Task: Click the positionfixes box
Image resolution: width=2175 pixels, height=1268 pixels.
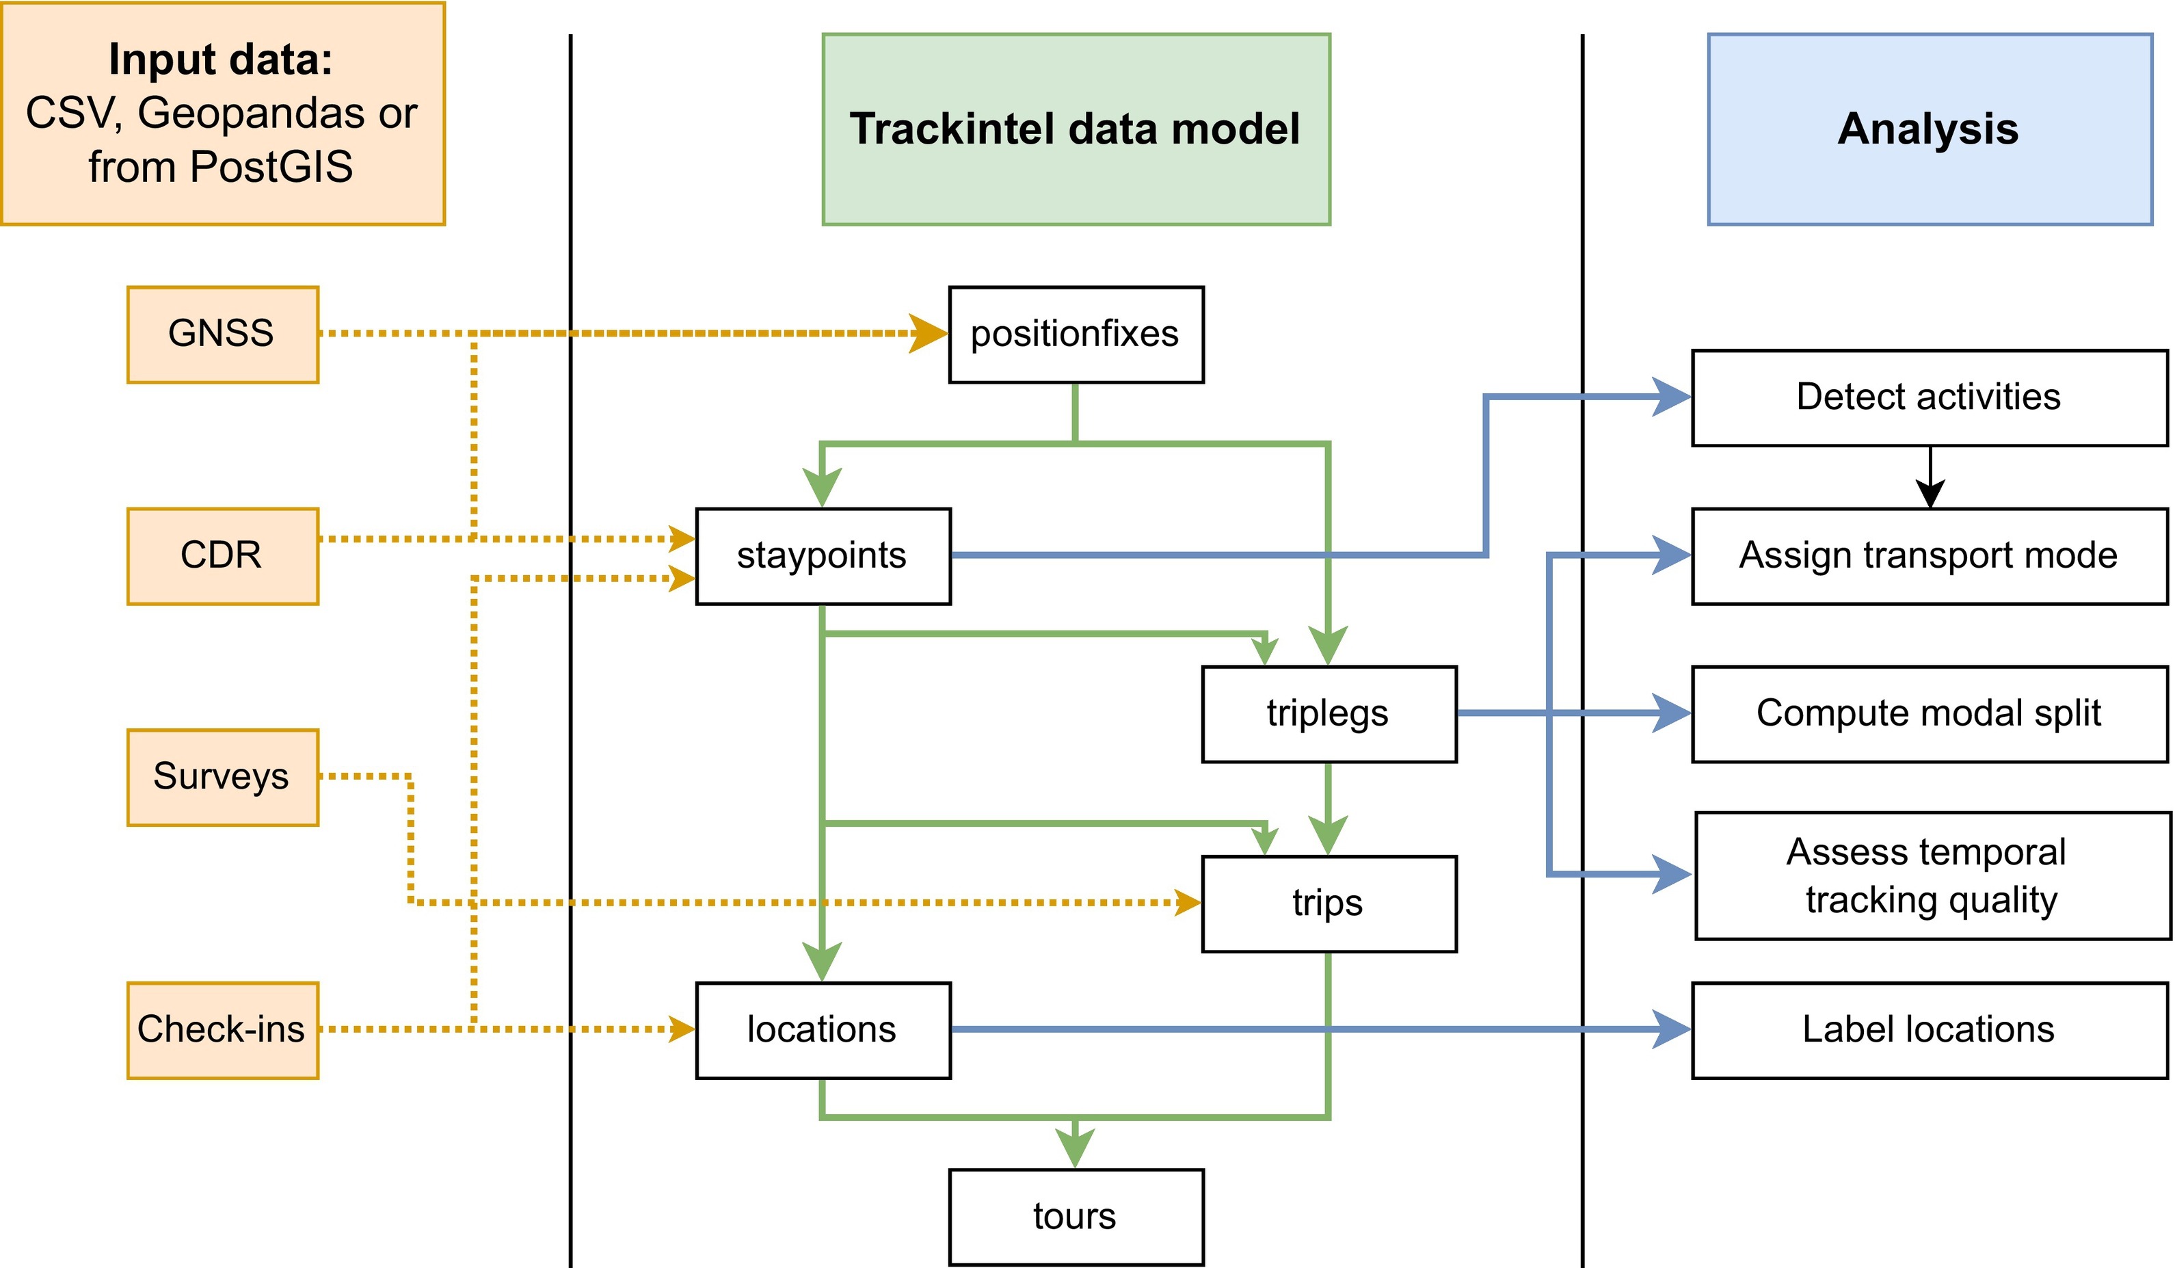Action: coord(1076,334)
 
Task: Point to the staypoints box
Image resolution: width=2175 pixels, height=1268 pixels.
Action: coord(823,556)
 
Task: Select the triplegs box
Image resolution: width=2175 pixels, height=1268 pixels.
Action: coord(1329,714)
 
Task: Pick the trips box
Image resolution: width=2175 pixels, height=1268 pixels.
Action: coord(1329,903)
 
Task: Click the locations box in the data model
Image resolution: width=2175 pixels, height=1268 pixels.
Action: coord(823,1030)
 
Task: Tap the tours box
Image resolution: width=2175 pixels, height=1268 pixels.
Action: coord(1076,1217)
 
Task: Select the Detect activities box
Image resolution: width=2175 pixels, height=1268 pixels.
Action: coord(1929,397)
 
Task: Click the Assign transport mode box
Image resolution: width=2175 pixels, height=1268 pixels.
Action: coord(1929,556)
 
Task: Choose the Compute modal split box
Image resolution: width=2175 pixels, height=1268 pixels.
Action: coord(1929,714)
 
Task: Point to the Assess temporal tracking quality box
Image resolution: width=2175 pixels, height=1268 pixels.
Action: coord(1932,875)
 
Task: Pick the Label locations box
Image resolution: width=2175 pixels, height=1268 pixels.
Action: coord(1929,1030)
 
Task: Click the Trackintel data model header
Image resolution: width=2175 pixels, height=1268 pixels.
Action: coord(1076,129)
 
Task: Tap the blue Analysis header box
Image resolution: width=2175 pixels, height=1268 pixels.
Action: coord(1929,129)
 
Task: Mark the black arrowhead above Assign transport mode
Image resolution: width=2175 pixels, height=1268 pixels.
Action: coord(1930,494)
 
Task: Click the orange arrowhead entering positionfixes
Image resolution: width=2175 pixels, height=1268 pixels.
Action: coord(929,334)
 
